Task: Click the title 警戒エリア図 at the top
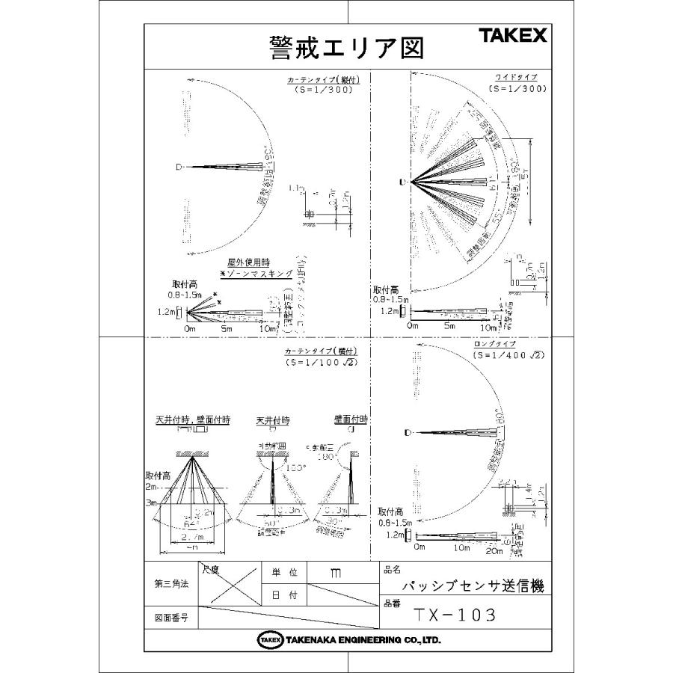pyautogui.click(x=346, y=48)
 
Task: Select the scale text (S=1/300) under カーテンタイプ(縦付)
pyautogui.click(x=324, y=89)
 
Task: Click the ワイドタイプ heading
pyautogui.click(x=516, y=78)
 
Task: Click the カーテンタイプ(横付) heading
pyautogui.click(x=322, y=351)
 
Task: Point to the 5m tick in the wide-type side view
pyautogui.click(x=449, y=327)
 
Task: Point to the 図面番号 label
pyautogui.click(x=170, y=618)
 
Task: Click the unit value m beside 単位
pyautogui.click(x=336, y=573)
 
